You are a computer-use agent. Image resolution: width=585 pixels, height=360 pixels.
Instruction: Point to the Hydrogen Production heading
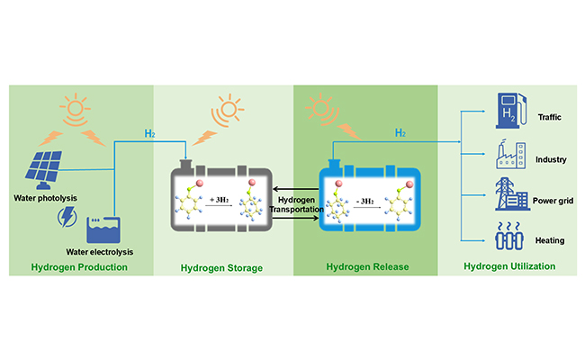tap(79, 267)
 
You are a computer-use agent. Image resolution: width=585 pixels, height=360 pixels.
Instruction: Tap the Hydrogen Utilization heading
tap(508, 266)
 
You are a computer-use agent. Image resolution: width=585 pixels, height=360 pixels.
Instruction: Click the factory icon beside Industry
tap(506, 153)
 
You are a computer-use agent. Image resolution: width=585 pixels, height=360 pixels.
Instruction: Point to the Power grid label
tap(553, 202)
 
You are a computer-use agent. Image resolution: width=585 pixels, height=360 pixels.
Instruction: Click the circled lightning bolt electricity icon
tap(66, 217)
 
